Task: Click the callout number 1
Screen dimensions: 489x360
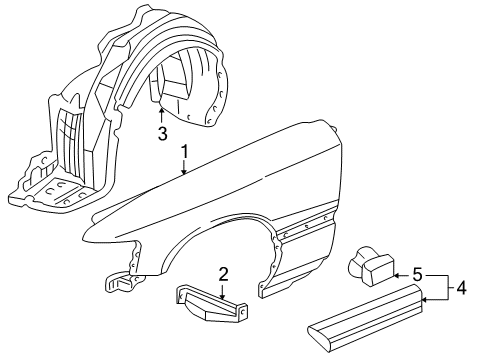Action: pyautogui.click(x=184, y=152)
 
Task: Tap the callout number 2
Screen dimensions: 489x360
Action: pyautogui.click(x=223, y=274)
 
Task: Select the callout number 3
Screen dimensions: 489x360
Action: pyautogui.click(x=162, y=134)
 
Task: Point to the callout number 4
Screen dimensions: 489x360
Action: pyautogui.click(x=461, y=288)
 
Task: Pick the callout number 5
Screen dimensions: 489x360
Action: pyautogui.click(x=417, y=275)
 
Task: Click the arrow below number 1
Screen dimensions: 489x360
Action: pyautogui.click(x=184, y=168)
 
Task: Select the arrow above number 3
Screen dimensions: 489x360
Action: pyautogui.click(x=161, y=116)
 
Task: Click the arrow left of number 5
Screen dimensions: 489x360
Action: pyautogui.click(x=402, y=275)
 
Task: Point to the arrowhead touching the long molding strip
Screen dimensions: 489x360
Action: pyautogui.click(x=425, y=300)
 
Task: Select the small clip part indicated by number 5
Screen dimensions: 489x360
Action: pyautogui.click(x=371, y=266)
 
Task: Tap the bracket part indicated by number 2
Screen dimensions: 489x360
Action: pyautogui.click(x=211, y=303)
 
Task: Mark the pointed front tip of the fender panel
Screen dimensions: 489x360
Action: pyautogui.click(x=83, y=237)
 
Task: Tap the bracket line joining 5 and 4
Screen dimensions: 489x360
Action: pyautogui.click(x=447, y=288)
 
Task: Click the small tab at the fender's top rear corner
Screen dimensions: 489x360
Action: pyautogui.click(x=333, y=128)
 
